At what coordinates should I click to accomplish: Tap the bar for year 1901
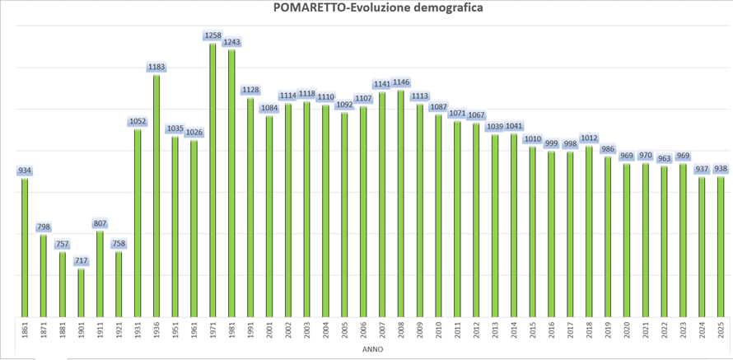point(81,292)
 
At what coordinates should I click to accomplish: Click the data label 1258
point(212,35)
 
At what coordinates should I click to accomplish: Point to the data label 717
point(81,261)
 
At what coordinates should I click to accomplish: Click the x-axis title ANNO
point(372,349)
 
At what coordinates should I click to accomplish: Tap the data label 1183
point(156,67)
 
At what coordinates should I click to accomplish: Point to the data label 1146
point(401,82)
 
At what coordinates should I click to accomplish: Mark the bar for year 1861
point(25,247)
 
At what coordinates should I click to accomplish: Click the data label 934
point(25,171)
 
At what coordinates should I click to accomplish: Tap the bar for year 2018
point(589,231)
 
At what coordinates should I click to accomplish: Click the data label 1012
point(589,138)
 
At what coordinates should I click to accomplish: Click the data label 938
point(721,169)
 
